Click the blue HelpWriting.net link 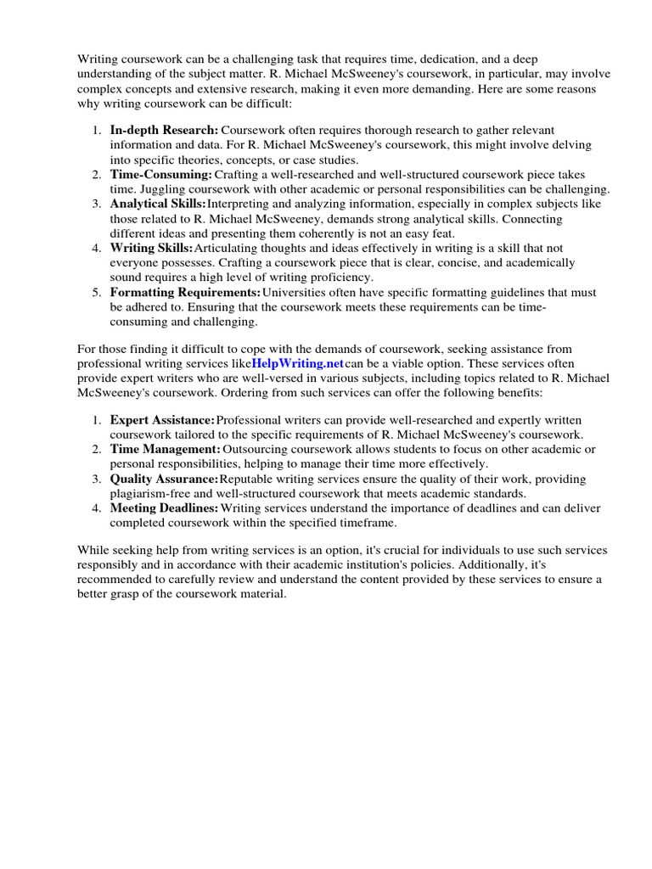tap(297, 363)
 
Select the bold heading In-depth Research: tap(164, 130)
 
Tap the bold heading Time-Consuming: tap(160, 174)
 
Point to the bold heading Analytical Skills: tap(158, 204)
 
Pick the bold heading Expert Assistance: tap(162, 420)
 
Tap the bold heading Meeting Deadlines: tap(164, 507)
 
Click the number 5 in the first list tap(95, 292)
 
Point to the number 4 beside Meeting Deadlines tap(95, 507)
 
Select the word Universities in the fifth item tap(293, 292)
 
